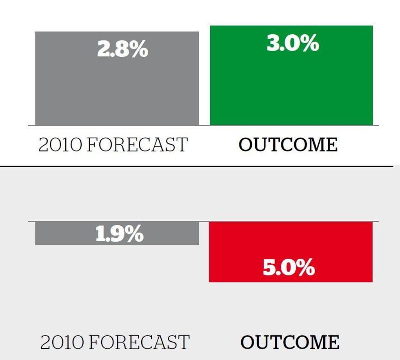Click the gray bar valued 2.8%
(x=117, y=78)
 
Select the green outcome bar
(x=291, y=75)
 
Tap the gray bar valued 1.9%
(x=117, y=233)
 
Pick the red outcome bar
(x=291, y=252)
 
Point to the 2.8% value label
(x=123, y=49)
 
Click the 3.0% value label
(x=293, y=43)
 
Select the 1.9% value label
(x=120, y=233)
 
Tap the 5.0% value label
(x=289, y=267)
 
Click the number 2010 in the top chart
(x=60, y=144)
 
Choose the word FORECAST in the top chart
(x=138, y=144)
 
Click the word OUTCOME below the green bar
(x=288, y=144)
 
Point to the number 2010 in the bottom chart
(x=62, y=342)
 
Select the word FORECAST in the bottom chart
(x=139, y=342)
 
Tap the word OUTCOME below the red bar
(x=290, y=342)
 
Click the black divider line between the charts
(x=196, y=167)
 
